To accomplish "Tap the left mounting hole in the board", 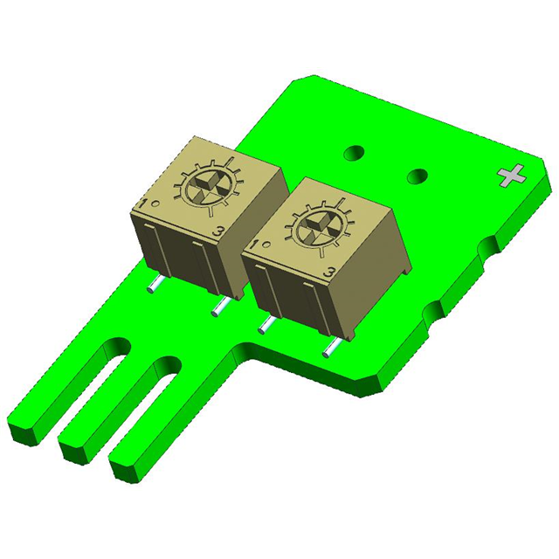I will point(354,153).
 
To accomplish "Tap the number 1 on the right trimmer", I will point(252,246).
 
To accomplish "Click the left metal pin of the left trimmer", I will point(154,284).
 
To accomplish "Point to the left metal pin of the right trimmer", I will point(264,326).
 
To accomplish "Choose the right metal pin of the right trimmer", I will point(330,348).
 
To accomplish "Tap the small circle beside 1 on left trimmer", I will point(155,203).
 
